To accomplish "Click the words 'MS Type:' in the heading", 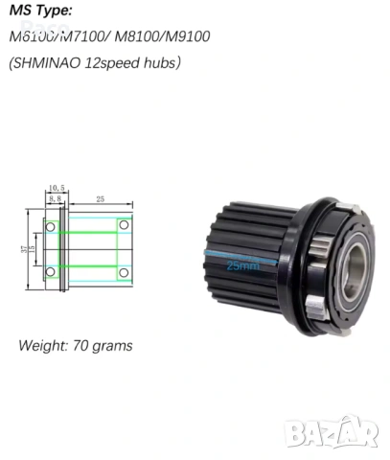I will coord(41,11).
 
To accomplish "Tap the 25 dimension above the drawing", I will coord(101,197).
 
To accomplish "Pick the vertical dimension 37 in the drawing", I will coord(23,248).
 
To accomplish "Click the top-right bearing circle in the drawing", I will coord(123,225).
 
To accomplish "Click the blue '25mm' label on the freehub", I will coord(241,266).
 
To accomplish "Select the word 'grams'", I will coord(113,345).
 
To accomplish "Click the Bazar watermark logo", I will coord(333,431).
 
